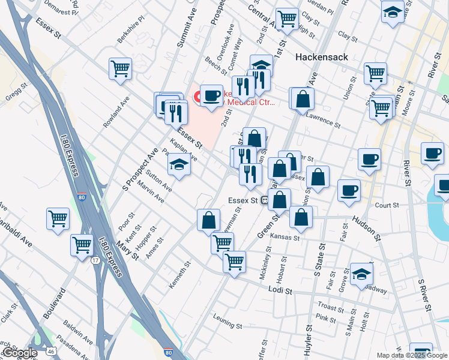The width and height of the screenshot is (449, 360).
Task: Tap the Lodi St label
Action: (280, 290)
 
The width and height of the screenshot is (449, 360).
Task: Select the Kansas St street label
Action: (285, 238)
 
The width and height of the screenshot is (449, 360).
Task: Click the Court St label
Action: (387, 205)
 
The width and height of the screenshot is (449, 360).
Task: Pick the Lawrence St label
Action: (324, 122)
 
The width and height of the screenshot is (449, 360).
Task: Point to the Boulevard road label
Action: (54, 305)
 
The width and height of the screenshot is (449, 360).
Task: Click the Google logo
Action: (19, 353)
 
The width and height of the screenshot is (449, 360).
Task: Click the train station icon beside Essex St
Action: (264, 200)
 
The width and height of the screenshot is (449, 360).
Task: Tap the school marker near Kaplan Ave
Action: (179, 164)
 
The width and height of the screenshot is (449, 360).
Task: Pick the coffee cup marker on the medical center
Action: (211, 96)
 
